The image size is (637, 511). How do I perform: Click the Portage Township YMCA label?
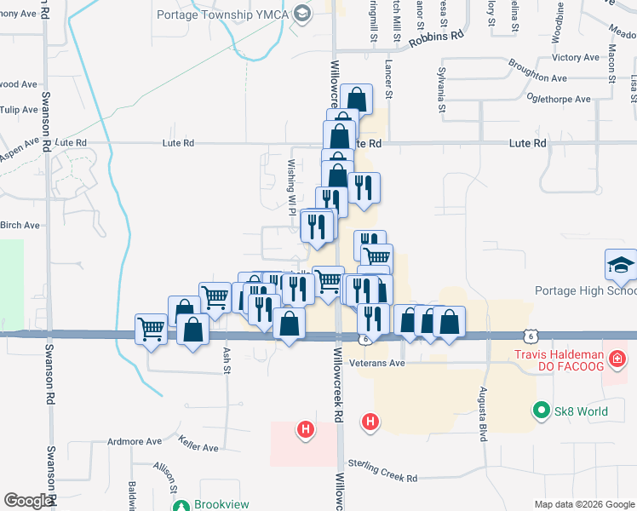point(223,14)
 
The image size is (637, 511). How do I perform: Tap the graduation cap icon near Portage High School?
point(621,266)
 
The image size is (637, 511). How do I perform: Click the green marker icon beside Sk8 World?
point(540,411)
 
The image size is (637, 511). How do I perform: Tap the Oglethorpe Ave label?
point(559,100)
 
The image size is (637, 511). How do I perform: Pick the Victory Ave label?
point(577,58)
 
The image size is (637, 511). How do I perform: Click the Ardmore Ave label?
point(134,442)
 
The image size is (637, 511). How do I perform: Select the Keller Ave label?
point(198,444)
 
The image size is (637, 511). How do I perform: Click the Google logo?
point(29,500)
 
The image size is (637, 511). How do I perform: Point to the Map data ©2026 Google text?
point(582,504)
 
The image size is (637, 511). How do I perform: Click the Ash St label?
point(227,353)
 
